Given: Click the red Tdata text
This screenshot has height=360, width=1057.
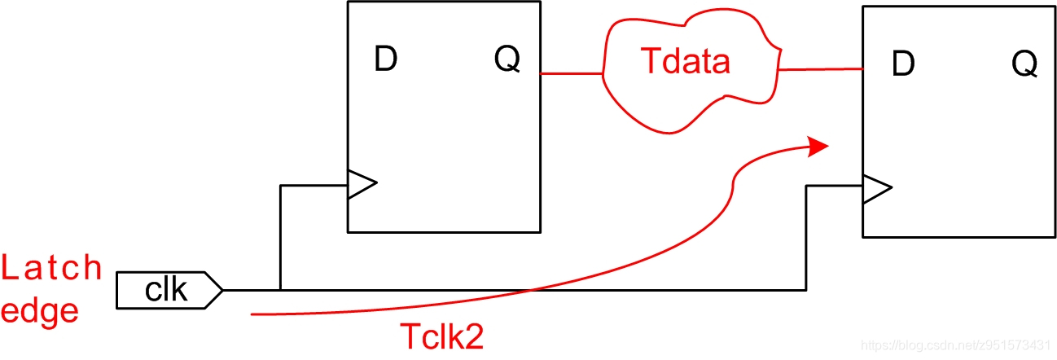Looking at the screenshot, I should point(685,61).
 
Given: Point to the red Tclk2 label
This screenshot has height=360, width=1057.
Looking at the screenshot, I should point(441,336).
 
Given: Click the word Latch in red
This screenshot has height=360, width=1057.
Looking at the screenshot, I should point(52,267).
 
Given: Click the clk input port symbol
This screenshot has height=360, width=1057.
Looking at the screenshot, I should point(168,290).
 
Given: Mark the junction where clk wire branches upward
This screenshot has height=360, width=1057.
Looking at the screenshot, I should point(280,289).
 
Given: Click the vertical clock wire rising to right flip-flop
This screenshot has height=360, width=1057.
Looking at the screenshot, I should point(806,236).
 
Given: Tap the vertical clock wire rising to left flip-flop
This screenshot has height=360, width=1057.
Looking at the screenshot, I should point(280,236).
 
